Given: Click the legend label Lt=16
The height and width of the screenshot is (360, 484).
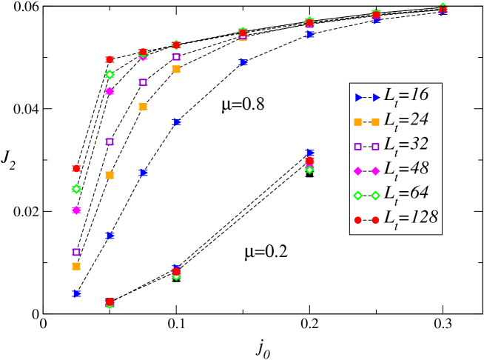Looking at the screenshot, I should [406, 96].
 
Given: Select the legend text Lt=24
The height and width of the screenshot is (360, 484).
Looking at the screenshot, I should [406, 120].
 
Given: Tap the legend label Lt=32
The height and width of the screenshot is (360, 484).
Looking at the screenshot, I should [406, 144].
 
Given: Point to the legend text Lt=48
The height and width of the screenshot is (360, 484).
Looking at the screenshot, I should [406, 169].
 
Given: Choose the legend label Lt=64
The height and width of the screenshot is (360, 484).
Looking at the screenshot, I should [406, 193].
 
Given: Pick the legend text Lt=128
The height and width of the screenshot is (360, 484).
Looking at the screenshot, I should [410, 218].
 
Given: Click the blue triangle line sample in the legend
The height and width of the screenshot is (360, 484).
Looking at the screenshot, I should [367, 97].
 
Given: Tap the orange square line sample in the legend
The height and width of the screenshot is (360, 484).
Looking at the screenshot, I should [367, 121].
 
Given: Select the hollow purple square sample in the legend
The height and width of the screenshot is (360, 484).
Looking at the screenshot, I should [367, 146].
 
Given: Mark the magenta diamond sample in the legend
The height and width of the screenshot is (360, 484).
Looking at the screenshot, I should [367, 170].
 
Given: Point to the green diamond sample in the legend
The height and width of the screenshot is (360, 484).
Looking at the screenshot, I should [367, 195].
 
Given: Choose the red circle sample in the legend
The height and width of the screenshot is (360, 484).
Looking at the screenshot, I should [367, 219].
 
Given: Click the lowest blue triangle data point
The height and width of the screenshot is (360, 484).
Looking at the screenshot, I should [76, 293].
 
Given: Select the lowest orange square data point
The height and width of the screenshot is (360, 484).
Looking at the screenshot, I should [76, 266].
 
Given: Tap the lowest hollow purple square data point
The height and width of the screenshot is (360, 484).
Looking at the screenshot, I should [76, 252].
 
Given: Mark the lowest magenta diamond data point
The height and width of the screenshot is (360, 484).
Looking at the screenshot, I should [76, 210].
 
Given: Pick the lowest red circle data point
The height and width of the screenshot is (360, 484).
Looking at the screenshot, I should [110, 302].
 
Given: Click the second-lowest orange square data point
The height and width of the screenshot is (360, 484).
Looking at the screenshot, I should [110, 176].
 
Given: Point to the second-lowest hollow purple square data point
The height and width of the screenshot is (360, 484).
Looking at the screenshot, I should [110, 141].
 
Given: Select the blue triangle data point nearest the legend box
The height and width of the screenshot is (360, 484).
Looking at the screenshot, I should [309, 153].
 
